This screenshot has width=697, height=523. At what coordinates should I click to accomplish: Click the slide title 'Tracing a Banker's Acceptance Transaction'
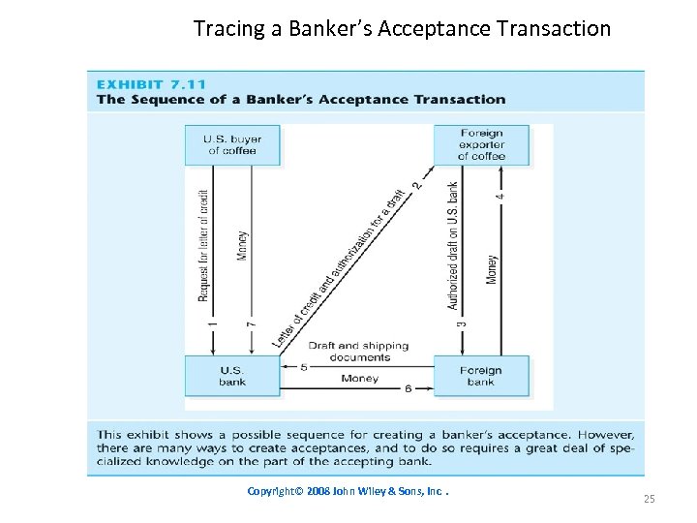tap(402, 28)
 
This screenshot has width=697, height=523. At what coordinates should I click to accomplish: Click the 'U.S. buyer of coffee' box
tap(232, 144)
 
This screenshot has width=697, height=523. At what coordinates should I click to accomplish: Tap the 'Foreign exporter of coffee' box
tap(481, 144)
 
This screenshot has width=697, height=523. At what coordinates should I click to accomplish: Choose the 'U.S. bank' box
tap(232, 376)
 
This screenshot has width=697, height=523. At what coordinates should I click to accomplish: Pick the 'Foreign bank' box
tap(481, 376)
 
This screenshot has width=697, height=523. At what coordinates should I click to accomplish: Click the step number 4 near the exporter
tap(500, 194)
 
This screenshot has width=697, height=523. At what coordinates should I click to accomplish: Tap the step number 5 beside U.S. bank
tap(303, 366)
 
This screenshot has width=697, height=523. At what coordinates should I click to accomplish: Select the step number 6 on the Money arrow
tap(408, 388)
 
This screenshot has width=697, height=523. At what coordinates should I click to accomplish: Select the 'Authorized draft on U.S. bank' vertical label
tap(453, 244)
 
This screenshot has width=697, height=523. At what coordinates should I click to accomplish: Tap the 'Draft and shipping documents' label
tap(358, 351)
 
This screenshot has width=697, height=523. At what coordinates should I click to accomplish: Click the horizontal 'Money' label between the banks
tap(359, 379)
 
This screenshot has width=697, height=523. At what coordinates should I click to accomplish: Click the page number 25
tap(650, 499)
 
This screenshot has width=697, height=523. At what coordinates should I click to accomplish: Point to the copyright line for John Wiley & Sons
tap(348, 491)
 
